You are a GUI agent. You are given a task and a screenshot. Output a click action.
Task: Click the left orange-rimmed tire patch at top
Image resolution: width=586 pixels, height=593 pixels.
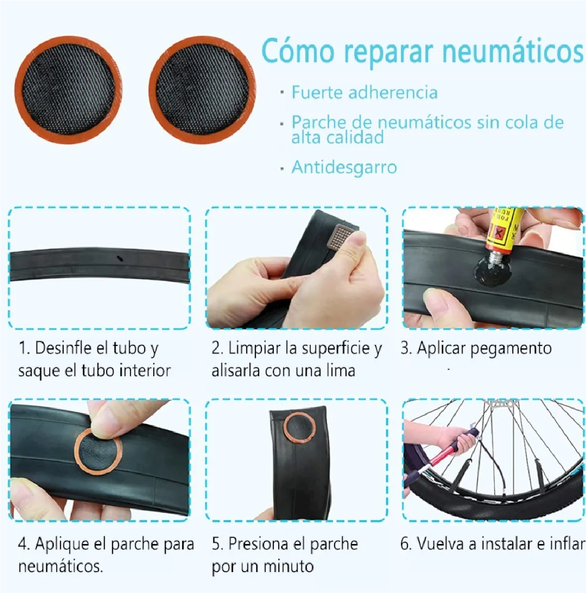coord(68,90)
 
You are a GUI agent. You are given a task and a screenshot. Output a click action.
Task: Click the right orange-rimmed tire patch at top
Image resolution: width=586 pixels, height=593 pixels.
coord(202,90)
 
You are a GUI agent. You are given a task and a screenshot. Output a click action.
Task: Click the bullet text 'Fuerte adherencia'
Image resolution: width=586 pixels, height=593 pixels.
coord(364,92)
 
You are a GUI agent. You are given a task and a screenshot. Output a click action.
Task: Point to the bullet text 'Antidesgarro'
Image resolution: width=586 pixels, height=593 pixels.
coord(344,167)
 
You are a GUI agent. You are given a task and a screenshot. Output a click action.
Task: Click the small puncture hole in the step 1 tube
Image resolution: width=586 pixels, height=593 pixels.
coord(119,259)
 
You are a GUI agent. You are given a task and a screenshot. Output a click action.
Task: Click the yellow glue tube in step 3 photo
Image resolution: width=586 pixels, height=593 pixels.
coord(504,231)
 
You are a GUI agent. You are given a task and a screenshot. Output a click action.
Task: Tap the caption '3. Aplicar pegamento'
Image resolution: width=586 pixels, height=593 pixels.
coord(476,349)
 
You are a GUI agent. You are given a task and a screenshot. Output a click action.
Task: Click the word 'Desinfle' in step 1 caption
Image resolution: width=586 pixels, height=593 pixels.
coord(63,348)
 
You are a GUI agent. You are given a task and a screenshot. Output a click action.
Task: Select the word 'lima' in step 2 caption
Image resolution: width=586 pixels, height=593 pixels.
coord(341,371)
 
